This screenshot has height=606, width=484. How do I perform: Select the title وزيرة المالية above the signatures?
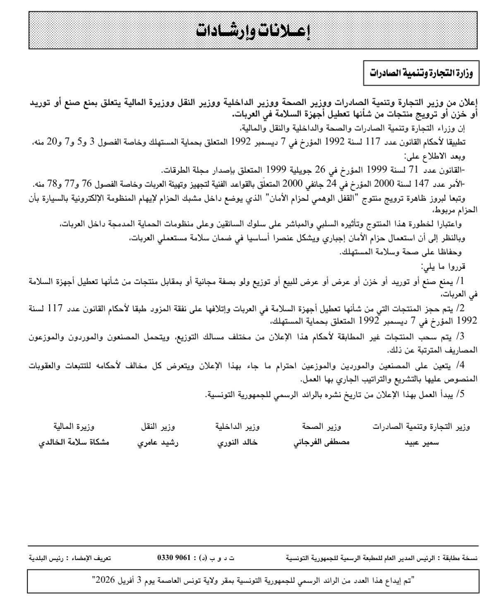tap(74, 426)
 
